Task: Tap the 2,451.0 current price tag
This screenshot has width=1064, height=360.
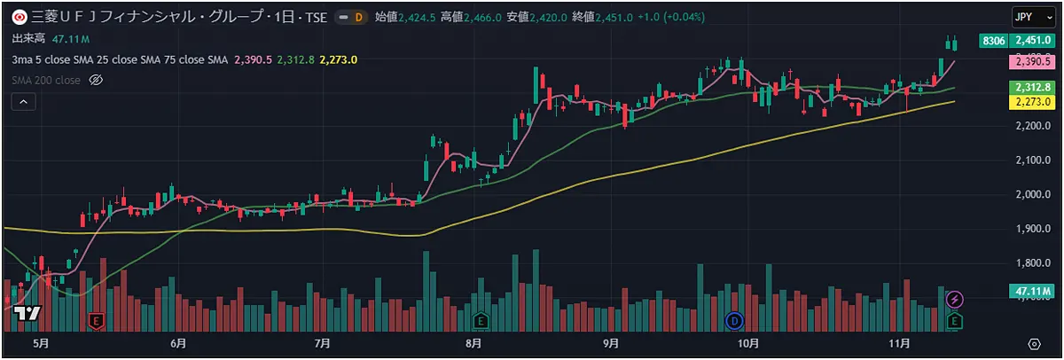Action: (1033, 41)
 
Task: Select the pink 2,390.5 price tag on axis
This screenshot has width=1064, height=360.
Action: (1033, 62)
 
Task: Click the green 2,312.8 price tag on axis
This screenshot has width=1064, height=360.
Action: (1033, 87)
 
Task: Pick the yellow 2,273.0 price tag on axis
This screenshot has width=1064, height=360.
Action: (1033, 102)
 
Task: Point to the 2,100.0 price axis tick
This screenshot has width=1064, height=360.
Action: (1033, 160)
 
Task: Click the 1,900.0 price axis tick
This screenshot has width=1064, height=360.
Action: (1033, 229)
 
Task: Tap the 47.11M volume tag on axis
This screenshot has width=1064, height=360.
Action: (1033, 290)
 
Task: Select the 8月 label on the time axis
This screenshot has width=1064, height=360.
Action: (473, 343)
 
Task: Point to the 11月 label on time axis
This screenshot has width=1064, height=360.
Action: (898, 343)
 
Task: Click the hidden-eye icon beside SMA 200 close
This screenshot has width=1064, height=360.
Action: (98, 80)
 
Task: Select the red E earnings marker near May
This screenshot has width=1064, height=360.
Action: (97, 319)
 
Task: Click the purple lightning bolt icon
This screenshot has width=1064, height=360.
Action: (955, 299)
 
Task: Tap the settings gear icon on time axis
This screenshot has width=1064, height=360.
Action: (1034, 343)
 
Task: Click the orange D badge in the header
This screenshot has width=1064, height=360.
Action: (358, 17)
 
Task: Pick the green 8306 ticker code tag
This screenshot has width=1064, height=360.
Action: (994, 41)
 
